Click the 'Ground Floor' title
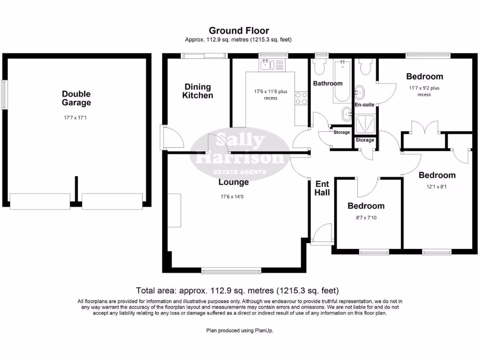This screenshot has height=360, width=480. [239, 31]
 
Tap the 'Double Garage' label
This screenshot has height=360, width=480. [76, 98]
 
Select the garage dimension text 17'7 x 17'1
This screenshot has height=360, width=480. [76, 118]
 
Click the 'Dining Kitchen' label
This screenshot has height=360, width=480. [198, 91]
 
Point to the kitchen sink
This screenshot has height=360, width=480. [266, 65]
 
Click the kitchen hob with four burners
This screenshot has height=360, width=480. [301, 98]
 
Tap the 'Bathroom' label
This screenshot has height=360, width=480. [328, 83]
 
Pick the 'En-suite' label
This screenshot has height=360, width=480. [364, 105]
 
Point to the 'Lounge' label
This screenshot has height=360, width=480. [233, 182]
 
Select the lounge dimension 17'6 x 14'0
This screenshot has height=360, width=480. [233, 196]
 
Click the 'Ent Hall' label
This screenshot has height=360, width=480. [322, 188]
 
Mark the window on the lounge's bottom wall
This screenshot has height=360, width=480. [231, 270]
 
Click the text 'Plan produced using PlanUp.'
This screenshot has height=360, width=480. [240, 330]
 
